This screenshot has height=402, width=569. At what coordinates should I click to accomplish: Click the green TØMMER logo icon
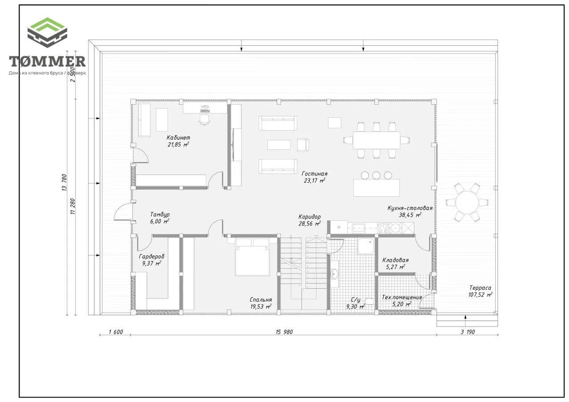coord(47,32)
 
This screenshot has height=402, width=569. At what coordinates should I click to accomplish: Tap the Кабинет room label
coord(178,138)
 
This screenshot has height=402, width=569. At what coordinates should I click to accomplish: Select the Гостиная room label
coord(314,174)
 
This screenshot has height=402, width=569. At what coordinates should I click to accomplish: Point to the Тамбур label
coord(160,215)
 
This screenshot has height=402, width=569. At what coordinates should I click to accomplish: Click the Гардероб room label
coord(152,256)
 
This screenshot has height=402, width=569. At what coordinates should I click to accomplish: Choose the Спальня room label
coord(260,300)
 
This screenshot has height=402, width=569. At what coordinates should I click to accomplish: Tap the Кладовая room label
coord(396,260)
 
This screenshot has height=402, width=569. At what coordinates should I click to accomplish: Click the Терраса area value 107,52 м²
coord(481,295)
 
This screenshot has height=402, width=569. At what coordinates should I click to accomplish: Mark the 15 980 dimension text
coord(284,332)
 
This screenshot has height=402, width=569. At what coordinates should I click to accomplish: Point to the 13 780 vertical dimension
coord(64,182)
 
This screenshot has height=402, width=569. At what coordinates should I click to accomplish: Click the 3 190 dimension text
coord(468,332)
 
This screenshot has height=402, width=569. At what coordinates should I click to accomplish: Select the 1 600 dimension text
coord(116,332)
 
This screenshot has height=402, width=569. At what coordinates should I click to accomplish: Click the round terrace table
coord(467,202)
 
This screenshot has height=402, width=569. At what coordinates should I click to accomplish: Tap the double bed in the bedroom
coord(252,257)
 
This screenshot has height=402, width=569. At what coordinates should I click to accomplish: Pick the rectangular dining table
coord(376,140)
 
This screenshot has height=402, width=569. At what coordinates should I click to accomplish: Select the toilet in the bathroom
coord(369,301)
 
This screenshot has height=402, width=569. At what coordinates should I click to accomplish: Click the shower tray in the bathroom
coord(366,246)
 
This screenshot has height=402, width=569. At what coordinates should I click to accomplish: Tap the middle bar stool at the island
coord(376,175)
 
